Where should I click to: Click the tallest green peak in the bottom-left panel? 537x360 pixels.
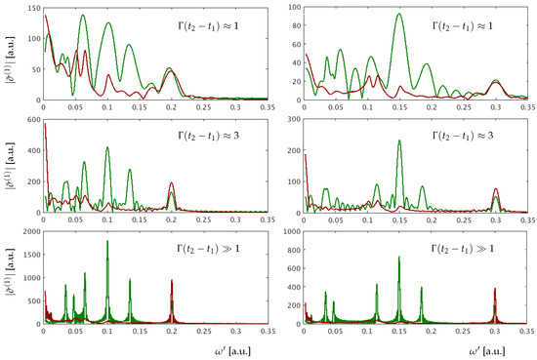click(107, 242)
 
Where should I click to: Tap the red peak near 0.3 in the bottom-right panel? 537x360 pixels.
click(495, 289)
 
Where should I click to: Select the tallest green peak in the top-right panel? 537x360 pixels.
click(398, 15)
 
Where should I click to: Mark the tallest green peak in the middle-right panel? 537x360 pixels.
click(398, 142)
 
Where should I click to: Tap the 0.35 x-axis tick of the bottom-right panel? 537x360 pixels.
click(527, 331)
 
